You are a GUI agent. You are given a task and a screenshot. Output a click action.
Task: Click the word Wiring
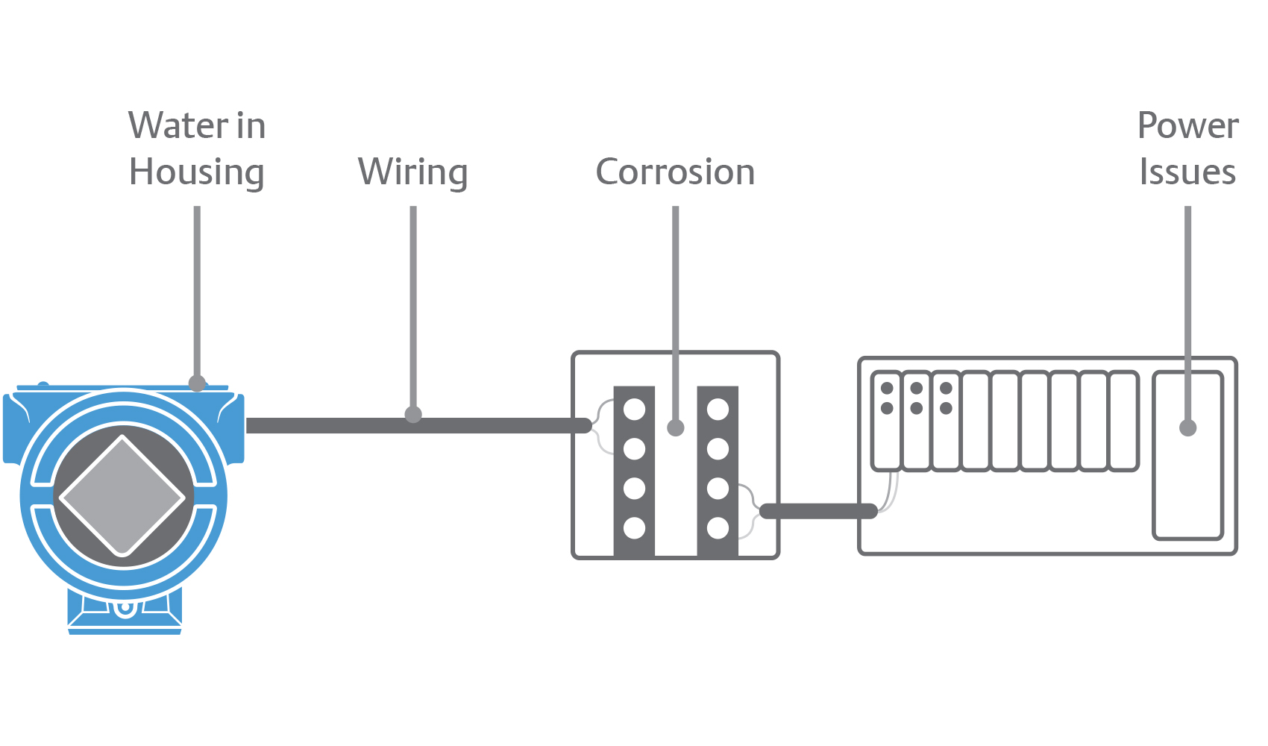(x=412, y=172)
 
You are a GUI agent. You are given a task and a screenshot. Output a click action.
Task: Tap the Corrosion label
(x=675, y=172)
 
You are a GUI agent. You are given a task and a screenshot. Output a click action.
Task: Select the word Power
(x=1187, y=125)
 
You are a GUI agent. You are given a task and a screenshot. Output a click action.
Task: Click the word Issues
(x=1187, y=172)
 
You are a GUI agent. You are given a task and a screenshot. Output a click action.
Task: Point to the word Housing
(x=196, y=172)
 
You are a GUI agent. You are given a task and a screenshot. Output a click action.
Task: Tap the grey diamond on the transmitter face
(x=122, y=496)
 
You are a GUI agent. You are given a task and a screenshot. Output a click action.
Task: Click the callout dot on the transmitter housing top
(x=197, y=383)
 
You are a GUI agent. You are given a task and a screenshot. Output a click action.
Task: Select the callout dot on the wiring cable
(x=413, y=414)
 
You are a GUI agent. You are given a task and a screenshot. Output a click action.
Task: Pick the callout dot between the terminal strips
(x=676, y=427)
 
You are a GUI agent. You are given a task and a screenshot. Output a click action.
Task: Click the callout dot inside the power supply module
(x=1187, y=427)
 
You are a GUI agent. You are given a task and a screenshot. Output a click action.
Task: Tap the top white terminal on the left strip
(x=634, y=409)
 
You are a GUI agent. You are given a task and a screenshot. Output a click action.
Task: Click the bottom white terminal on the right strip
(x=718, y=528)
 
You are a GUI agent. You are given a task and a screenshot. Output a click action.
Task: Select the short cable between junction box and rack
(x=818, y=511)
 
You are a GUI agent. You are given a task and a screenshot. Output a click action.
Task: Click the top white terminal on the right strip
(x=718, y=409)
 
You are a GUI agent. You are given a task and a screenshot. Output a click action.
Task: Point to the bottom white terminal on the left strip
(x=634, y=528)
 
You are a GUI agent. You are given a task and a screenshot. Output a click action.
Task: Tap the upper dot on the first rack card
(x=887, y=388)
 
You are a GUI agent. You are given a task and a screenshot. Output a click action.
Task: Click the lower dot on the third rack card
(x=946, y=408)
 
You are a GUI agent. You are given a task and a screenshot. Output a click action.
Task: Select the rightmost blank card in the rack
(x=1123, y=421)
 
